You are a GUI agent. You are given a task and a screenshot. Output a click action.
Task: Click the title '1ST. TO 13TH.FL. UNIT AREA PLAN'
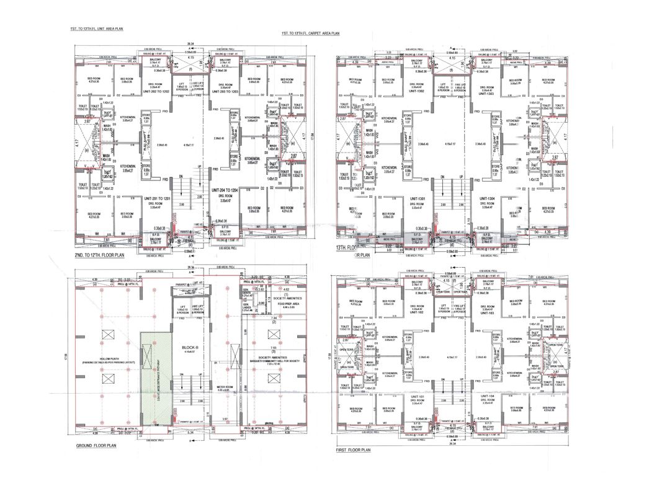(97, 29)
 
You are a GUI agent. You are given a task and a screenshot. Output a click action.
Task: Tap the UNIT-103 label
(490, 313)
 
